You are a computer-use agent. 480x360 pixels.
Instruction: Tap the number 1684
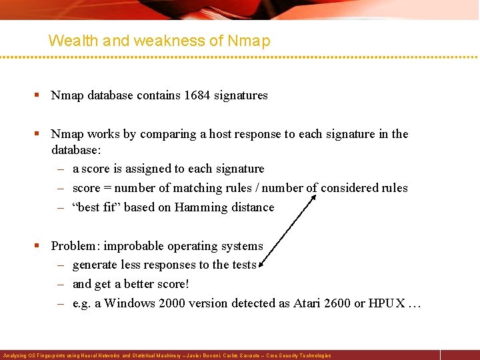click(197, 95)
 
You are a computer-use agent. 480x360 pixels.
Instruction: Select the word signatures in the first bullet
click(241, 95)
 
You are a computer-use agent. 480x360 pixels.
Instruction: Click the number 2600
click(338, 303)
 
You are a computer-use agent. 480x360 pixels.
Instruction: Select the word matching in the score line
click(178, 188)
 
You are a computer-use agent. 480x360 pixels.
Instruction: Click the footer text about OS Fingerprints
click(167, 355)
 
